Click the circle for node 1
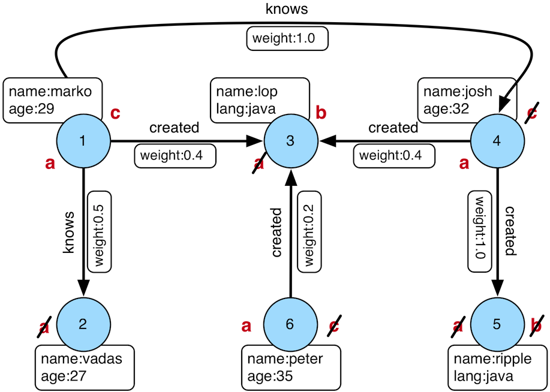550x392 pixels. (83, 141)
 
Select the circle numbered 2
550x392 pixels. (83, 325)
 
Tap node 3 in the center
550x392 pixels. (290, 141)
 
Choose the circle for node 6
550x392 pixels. (290, 325)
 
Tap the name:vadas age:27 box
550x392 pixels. (82, 367)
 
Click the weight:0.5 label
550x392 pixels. (100, 231)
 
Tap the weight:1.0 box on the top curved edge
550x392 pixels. (288, 39)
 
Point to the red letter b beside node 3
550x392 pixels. (321, 113)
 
